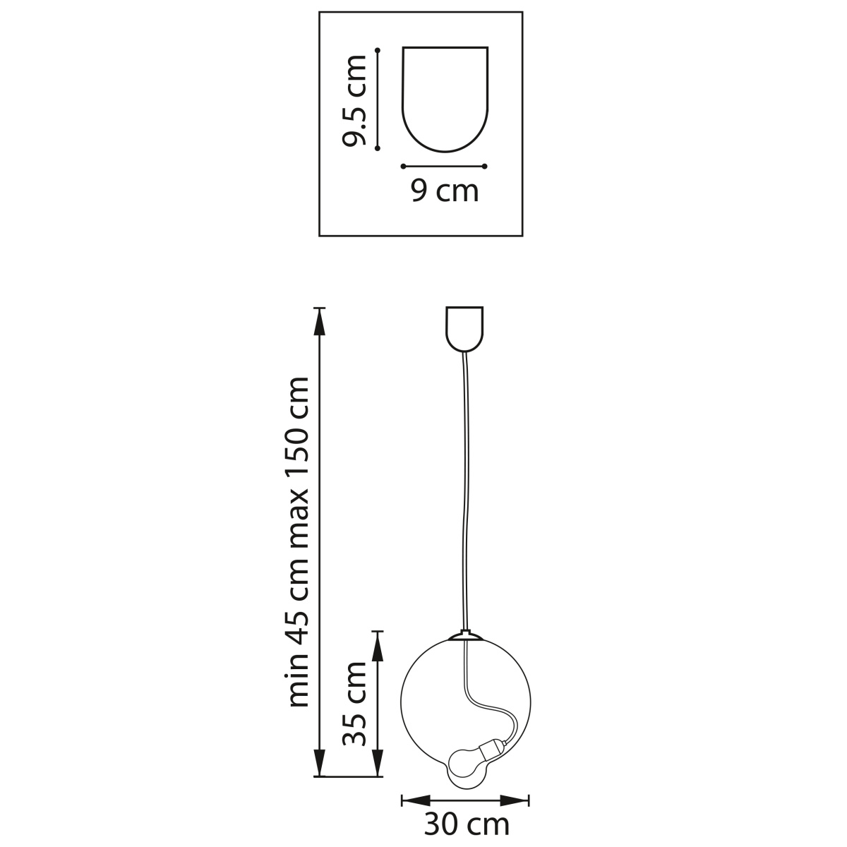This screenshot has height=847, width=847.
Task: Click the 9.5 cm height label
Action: [x=354, y=100]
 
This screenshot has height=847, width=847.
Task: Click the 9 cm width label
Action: [x=445, y=191]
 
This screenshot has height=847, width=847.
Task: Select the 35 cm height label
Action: [x=354, y=704]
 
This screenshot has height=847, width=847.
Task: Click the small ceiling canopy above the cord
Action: [x=464, y=329]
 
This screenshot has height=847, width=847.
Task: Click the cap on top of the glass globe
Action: [x=464, y=635]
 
